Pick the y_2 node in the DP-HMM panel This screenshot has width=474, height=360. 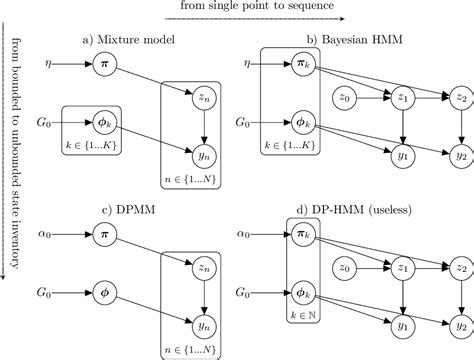point(461,325)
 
